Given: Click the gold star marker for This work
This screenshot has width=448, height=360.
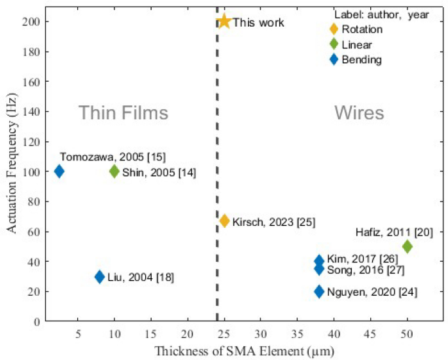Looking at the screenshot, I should click(224, 22).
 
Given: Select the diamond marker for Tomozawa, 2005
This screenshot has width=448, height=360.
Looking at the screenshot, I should click(60, 171).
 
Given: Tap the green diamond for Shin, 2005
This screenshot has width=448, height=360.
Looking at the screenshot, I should click(114, 171).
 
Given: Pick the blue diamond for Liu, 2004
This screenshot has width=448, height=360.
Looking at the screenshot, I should click(99, 277).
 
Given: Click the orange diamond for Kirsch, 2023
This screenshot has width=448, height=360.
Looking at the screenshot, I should click(224, 221).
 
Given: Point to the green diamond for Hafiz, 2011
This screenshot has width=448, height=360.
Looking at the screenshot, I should click(407, 247).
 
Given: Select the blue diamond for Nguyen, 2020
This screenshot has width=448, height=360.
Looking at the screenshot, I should click(319, 291).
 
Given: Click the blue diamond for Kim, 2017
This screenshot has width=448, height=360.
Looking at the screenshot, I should click(319, 261).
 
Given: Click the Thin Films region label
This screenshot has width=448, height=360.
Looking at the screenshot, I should click(124, 113).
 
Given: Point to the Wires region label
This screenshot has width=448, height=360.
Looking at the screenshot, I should click(359, 113).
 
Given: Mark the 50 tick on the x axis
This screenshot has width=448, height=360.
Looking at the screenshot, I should click(407, 332).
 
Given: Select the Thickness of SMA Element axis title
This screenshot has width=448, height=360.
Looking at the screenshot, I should click(244, 350).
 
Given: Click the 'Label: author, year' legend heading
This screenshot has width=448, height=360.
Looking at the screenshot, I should click(381, 15).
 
